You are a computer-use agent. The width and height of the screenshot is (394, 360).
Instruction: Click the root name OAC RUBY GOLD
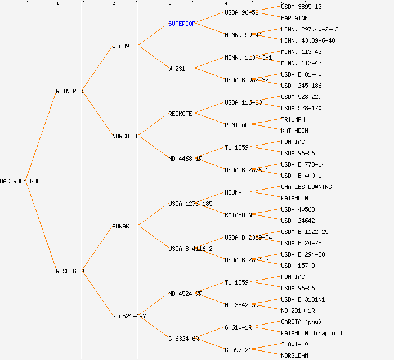21,181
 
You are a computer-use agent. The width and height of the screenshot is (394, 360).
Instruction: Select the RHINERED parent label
69,91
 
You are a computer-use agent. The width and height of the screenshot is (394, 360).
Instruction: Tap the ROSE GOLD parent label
71,271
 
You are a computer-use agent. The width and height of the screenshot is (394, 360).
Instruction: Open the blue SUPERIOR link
182,24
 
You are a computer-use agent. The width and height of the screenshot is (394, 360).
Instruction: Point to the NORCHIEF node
126,136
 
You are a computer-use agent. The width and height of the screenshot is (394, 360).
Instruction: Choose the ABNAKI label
122,226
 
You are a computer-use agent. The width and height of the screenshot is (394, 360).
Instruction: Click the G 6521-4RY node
129,316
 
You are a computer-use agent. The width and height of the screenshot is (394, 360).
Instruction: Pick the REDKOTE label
180,114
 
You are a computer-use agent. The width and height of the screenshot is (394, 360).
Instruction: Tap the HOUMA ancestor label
233,192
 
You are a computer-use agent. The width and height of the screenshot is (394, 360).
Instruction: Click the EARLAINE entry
294,18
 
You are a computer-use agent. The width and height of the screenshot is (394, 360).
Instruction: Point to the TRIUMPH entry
293,119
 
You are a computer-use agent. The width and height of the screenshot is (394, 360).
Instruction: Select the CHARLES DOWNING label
306,187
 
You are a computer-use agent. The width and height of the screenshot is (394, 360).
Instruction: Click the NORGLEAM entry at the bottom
294,355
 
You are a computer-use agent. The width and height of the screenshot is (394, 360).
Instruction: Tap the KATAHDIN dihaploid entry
311,333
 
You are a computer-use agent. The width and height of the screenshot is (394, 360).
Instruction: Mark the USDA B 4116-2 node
190,249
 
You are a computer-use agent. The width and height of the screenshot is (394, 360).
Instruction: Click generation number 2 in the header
113,4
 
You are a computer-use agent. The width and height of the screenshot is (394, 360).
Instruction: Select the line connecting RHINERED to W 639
98,69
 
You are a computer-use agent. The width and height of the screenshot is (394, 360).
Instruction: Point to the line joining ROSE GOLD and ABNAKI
99,249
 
